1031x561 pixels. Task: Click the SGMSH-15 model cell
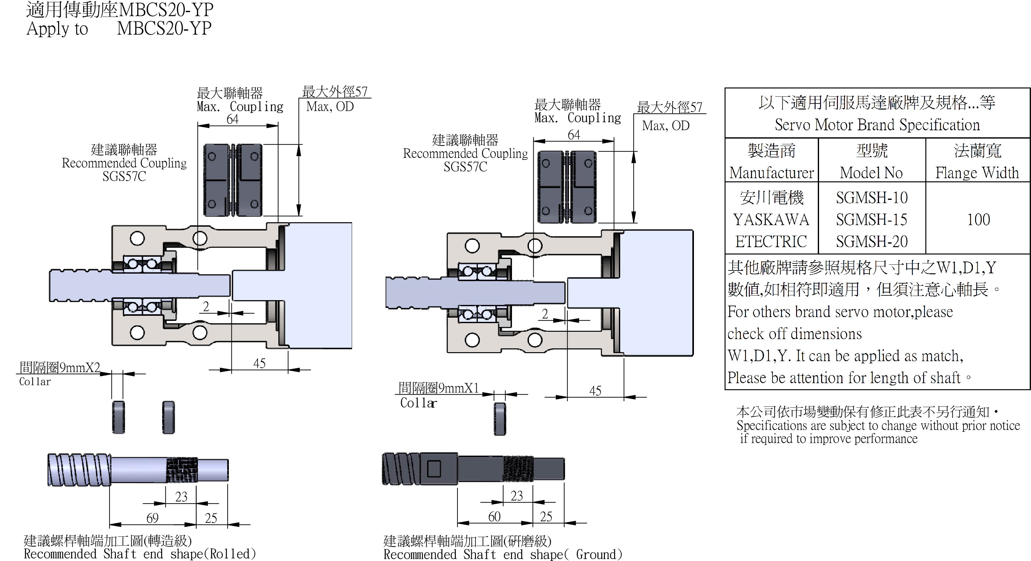[x=872, y=219]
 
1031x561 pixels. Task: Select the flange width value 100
[x=978, y=219]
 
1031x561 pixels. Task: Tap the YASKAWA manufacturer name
[x=771, y=219]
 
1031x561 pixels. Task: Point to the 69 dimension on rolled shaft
[x=153, y=518]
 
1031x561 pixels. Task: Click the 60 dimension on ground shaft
[x=494, y=517]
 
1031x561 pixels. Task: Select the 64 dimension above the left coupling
[x=233, y=119]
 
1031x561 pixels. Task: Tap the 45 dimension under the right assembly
[x=595, y=391]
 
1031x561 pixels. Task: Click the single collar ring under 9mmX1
[x=500, y=419]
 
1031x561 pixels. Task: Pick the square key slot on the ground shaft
[x=434, y=468]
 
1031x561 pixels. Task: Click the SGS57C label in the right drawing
[x=465, y=167]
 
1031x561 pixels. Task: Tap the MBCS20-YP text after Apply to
[x=164, y=28]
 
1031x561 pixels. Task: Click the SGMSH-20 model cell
[x=872, y=241]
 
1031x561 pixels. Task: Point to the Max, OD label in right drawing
[x=666, y=126]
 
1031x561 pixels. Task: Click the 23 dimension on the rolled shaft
[x=181, y=497]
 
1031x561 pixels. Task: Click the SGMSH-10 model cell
[x=872, y=197]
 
